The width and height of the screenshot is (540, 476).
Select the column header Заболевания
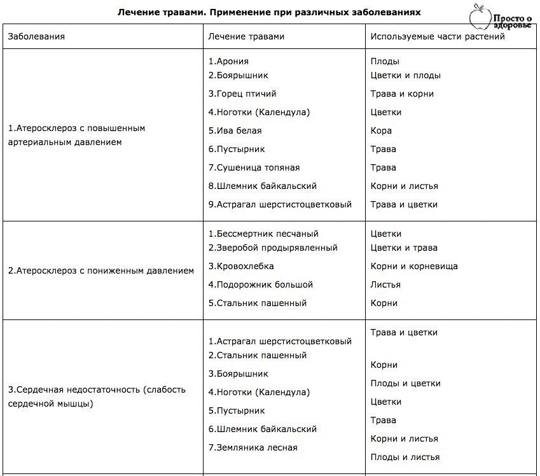[36, 36]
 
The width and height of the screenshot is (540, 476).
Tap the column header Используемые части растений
[438, 36]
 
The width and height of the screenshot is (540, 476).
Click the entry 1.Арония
[228, 62]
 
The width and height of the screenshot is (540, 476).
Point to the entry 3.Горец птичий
[242, 94]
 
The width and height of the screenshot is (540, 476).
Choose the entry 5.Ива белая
[235, 130]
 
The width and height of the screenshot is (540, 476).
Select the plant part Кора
[381, 130]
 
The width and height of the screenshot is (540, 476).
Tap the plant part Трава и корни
[402, 94]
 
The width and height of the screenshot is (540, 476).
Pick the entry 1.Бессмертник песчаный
[263, 234]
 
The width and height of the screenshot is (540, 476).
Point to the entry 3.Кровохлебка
[241, 266]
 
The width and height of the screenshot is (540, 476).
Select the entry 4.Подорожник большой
[261, 284]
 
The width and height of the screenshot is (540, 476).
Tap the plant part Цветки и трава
[404, 248]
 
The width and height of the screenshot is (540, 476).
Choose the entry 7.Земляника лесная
[253, 447]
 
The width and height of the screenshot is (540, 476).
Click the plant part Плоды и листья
[405, 457]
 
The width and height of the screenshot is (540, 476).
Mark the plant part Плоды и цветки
[405, 383]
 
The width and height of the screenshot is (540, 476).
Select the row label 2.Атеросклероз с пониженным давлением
[101, 270]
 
